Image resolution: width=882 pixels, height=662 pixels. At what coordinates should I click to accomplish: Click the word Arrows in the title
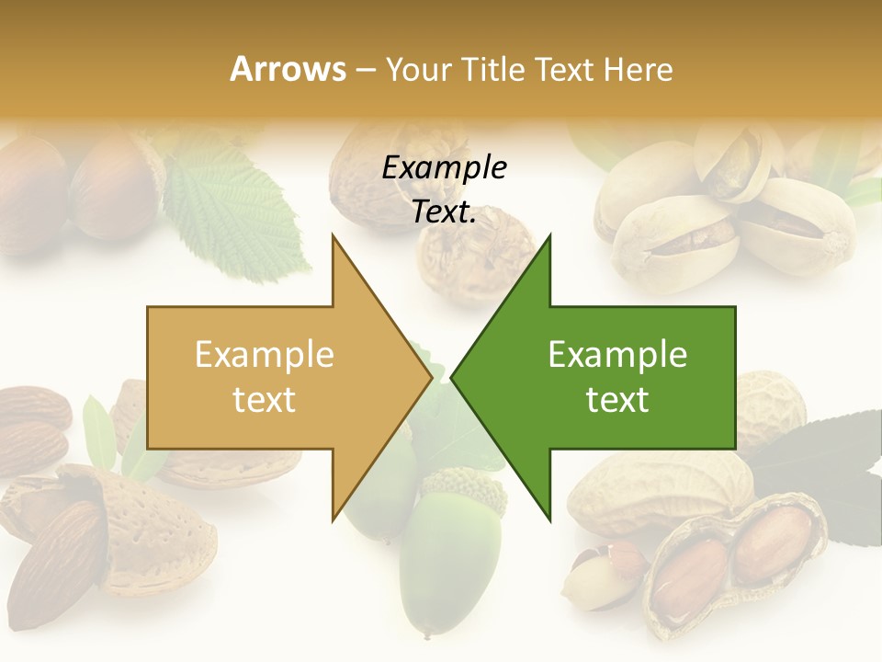tap(288, 69)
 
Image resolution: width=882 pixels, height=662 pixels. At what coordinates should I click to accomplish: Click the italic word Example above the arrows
tap(444, 167)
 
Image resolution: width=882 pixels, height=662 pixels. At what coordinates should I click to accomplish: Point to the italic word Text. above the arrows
tap(444, 211)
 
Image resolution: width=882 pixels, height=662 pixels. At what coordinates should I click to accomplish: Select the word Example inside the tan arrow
tap(265, 355)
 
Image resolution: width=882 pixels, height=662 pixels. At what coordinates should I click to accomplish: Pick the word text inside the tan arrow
tap(265, 399)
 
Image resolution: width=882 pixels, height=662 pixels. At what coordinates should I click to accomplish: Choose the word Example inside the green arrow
tap(617, 355)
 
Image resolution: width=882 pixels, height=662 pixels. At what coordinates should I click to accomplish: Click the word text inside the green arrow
tap(617, 399)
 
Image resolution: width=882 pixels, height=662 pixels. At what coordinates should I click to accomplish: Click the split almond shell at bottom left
tap(110, 533)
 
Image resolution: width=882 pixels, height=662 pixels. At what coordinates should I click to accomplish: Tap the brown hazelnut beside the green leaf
tap(115, 184)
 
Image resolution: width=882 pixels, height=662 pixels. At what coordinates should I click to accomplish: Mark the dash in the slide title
tap(365, 70)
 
